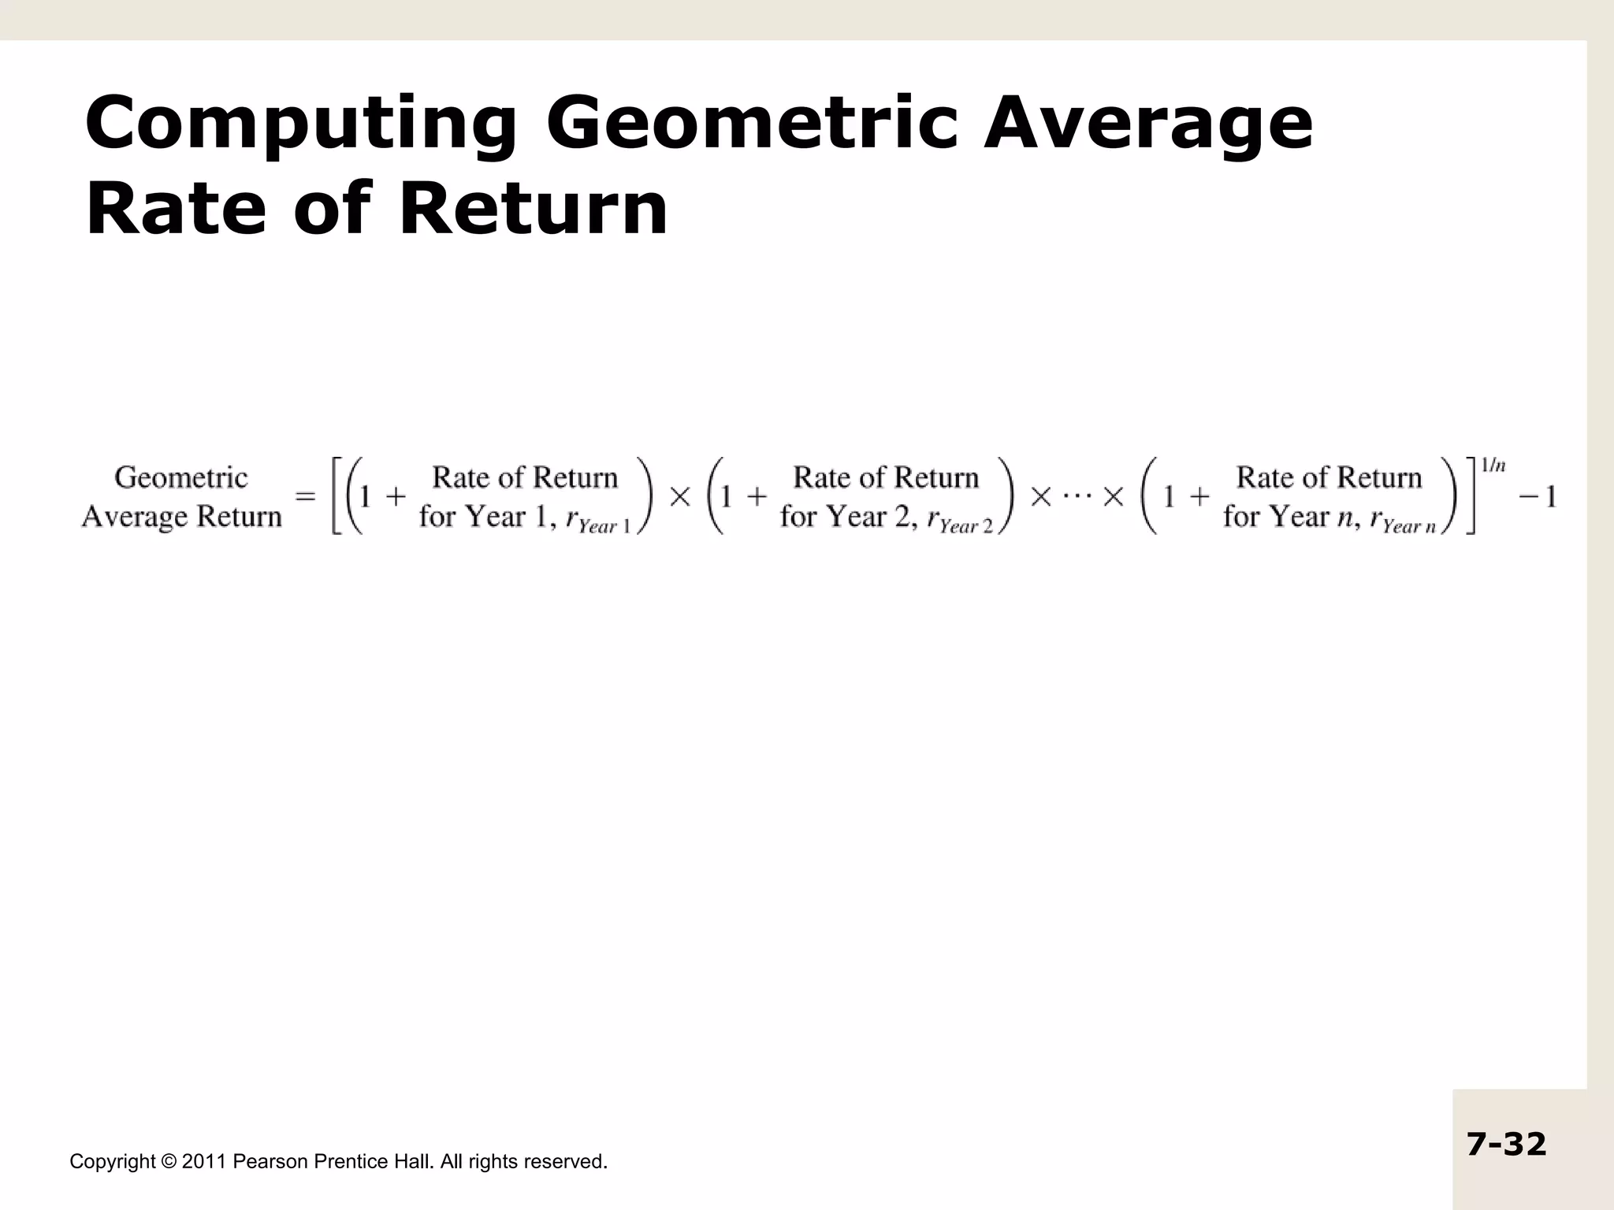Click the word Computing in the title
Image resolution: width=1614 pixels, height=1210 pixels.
(300, 124)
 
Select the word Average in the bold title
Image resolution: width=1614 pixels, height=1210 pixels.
(1148, 124)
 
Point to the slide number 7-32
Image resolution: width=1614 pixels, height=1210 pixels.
(1506, 1144)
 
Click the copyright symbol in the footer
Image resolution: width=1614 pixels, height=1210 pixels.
(169, 1162)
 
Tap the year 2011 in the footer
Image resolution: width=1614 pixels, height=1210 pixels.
(204, 1162)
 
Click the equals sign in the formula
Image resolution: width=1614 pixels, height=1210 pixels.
(306, 497)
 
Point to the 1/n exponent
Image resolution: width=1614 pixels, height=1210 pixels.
(1493, 466)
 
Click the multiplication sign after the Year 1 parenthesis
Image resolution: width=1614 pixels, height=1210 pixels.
(680, 497)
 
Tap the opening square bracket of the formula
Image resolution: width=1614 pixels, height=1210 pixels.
(337, 497)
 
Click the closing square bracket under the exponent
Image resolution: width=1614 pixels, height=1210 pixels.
(1471, 497)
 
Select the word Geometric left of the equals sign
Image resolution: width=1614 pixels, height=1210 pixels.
(181, 477)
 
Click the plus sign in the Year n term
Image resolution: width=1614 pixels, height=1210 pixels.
(1200, 497)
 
